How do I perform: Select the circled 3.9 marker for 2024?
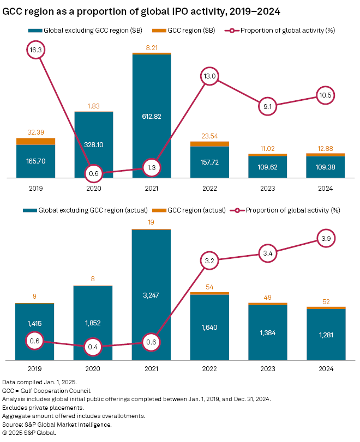[x=326, y=238]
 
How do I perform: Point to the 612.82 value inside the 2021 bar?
[x=152, y=116]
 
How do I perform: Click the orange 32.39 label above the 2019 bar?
[x=35, y=132]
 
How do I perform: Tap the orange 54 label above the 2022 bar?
[x=209, y=286]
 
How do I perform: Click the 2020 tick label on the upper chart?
[x=93, y=187]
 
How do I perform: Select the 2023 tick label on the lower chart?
[x=267, y=370]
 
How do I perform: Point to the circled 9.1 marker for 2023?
[x=267, y=106]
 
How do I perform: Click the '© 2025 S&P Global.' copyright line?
[x=29, y=433]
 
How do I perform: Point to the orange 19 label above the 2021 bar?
[x=152, y=222]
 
